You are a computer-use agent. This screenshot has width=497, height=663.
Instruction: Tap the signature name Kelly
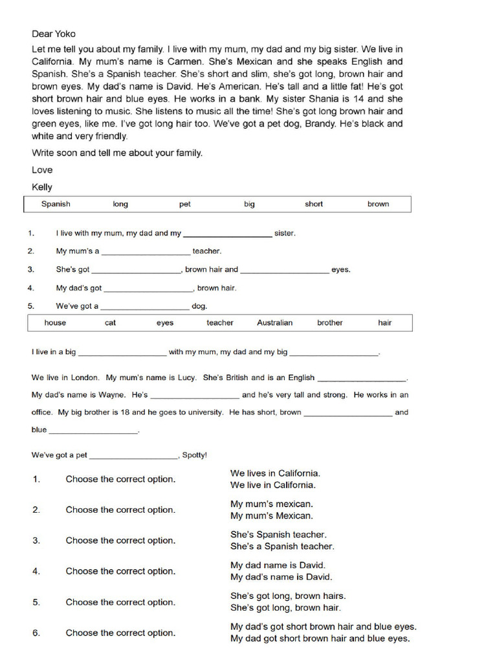coord(42,187)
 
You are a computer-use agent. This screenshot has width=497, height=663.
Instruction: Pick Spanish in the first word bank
coord(56,204)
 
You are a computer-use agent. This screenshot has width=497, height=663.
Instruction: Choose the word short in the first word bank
coord(314,204)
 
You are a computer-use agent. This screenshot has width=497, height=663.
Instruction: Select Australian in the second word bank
coord(274,322)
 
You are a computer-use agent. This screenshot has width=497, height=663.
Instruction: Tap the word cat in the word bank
coord(111,322)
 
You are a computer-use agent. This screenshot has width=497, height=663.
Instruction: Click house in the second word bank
coord(55,322)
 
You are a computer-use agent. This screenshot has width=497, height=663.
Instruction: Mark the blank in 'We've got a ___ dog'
coord(145,307)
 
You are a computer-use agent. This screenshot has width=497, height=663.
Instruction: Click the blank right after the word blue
coord(93,431)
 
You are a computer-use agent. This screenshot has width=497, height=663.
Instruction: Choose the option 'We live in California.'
coord(273,485)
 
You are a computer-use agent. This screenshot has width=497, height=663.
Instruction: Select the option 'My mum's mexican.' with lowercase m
coord(272,504)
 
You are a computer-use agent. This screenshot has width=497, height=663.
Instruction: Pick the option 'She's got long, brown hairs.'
coord(288,596)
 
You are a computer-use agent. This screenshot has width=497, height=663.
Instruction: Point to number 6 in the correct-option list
coord(36,633)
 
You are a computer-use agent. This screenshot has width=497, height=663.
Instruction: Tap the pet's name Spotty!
coord(195,455)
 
